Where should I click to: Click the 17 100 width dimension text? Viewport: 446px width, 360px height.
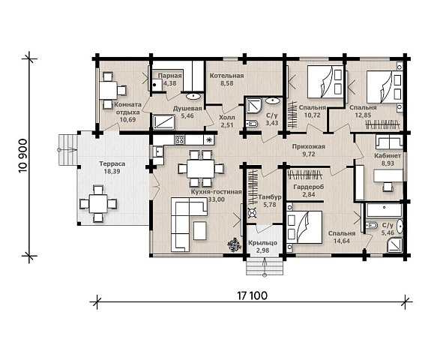[253, 295]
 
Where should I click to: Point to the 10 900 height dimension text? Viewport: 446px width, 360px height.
[23, 156]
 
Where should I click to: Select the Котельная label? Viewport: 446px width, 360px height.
[226, 76]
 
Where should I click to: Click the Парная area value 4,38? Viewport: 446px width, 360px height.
[170, 83]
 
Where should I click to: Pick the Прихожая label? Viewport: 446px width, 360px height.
[309, 146]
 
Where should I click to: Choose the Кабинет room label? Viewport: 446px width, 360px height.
[388, 156]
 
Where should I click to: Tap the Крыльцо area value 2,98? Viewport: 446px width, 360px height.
[262, 250]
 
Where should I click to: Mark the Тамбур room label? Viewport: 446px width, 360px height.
[269, 197]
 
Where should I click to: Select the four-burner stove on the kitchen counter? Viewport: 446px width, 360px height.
[180, 140]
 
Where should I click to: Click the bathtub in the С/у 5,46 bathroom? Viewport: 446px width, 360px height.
[384, 210]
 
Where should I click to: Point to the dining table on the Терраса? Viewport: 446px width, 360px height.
[98, 203]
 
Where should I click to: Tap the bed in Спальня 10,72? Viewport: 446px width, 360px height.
[325, 82]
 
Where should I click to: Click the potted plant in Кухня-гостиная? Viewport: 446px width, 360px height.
[234, 244]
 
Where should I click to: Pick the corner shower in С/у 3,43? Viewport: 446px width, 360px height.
[253, 106]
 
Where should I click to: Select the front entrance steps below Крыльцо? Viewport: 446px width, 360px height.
[265, 265]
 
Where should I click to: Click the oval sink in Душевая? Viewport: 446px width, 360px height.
[193, 96]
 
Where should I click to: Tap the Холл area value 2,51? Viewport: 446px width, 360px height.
[226, 124]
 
